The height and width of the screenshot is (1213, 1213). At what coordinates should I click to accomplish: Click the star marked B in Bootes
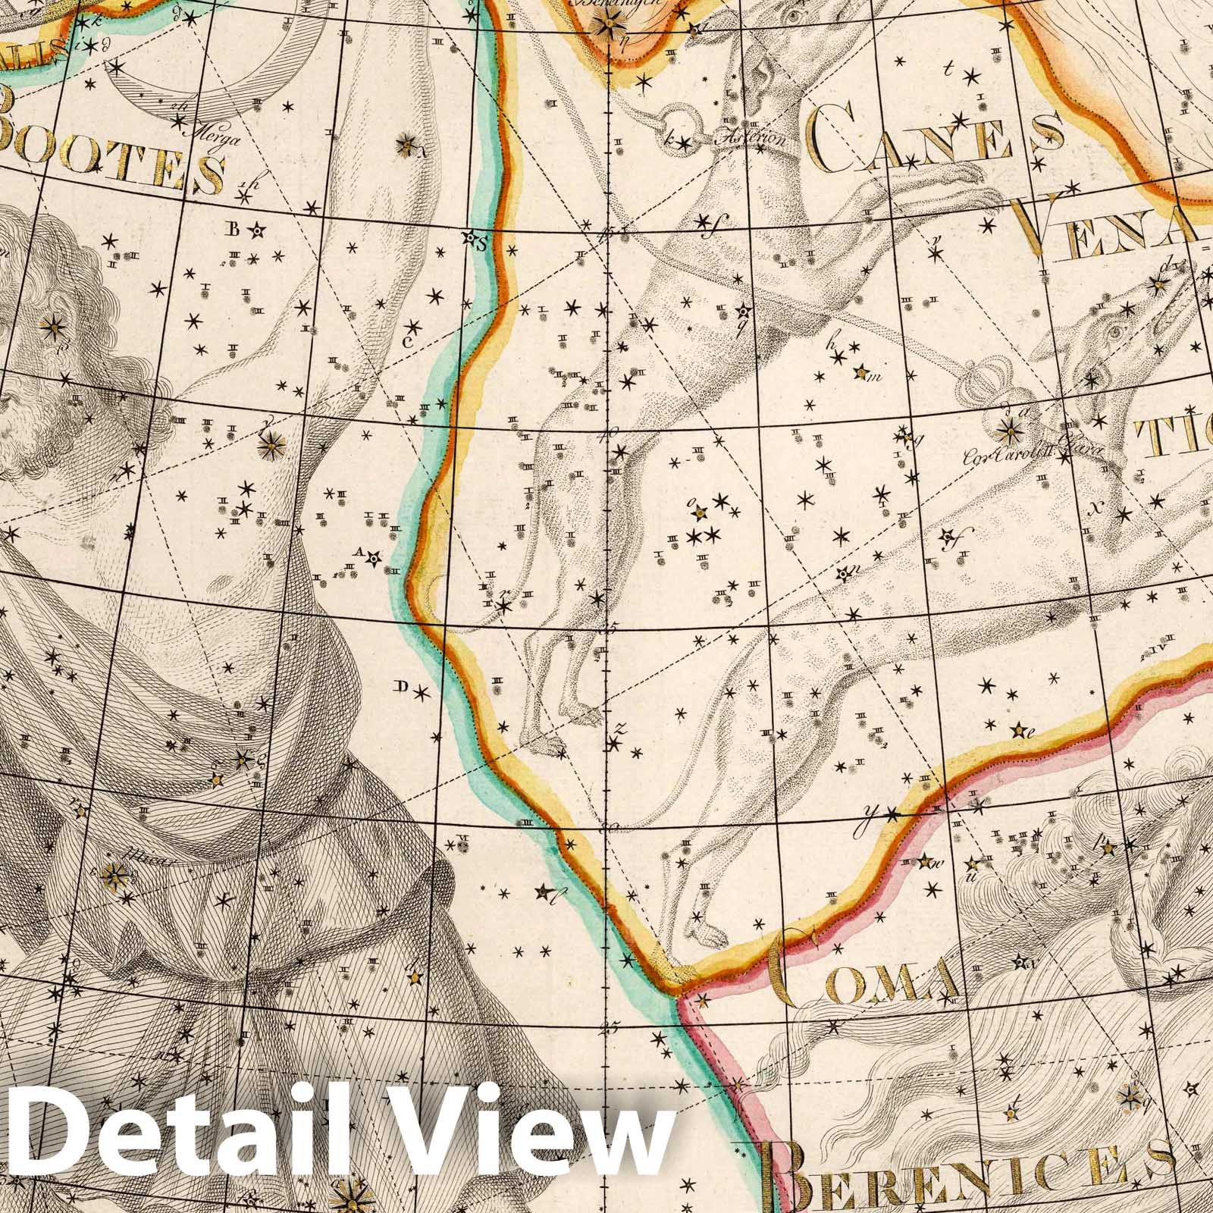[259, 229]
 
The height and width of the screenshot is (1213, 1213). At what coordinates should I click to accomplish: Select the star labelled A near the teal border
[372, 559]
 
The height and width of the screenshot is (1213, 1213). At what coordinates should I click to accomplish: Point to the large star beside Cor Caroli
[1009, 432]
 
